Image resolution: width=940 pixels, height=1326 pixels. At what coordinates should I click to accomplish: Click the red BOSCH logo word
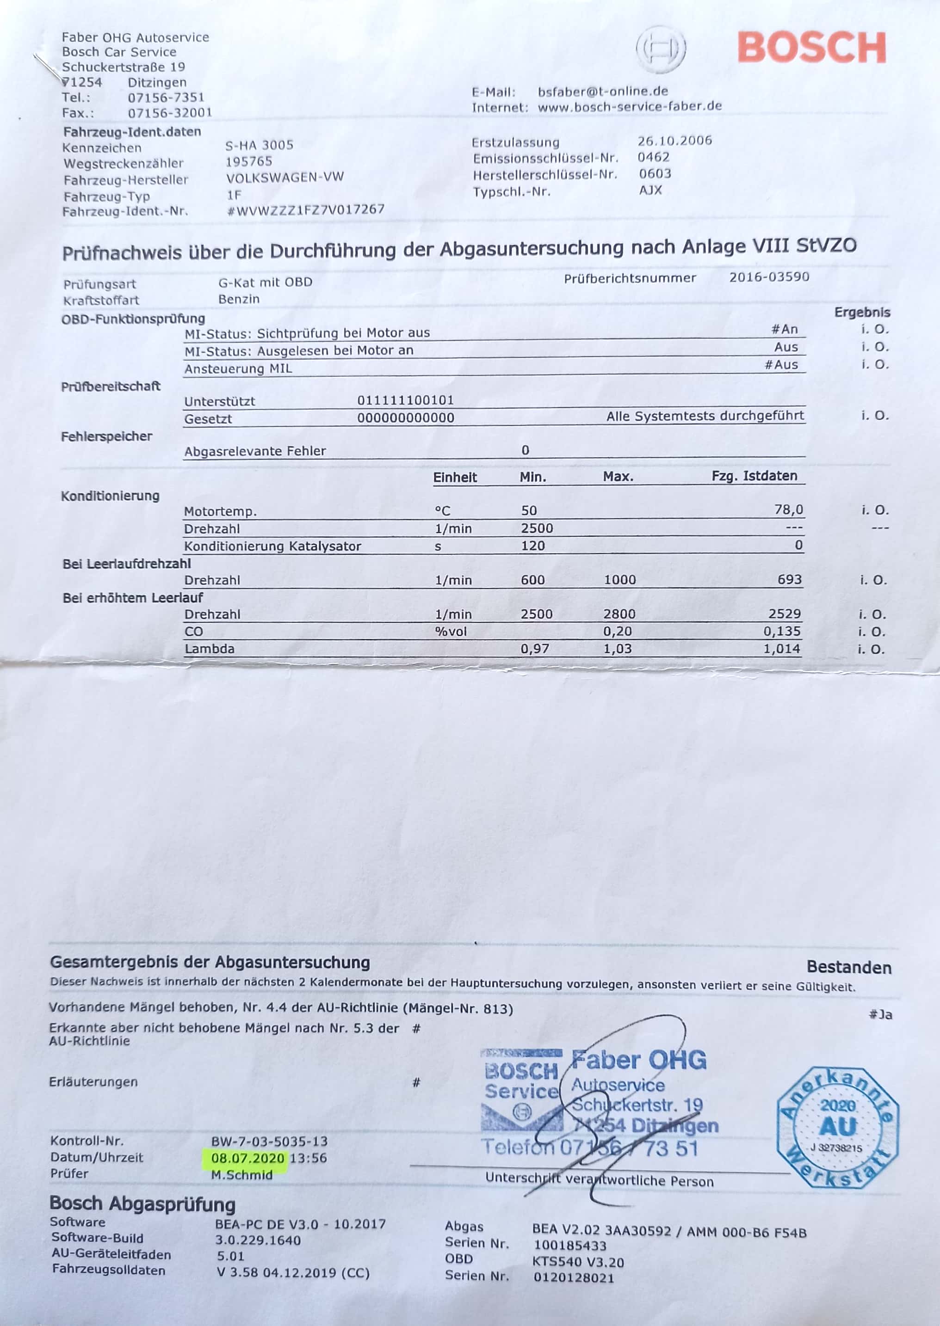[x=811, y=48]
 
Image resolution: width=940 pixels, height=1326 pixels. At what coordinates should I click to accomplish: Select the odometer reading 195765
[x=249, y=161]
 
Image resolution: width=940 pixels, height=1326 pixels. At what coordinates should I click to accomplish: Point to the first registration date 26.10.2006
[x=674, y=141]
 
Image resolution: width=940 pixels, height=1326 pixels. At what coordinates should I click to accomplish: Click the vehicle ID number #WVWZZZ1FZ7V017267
[x=306, y=209]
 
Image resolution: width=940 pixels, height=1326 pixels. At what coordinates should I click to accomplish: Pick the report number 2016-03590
[x=769, y=277]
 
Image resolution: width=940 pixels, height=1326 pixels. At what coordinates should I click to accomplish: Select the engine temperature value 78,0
[x=788, y=510]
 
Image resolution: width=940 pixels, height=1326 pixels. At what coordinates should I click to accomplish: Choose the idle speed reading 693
[x=790, y=580]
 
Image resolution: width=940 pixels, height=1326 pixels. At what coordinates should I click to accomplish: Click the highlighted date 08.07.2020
[x=248, y=1158]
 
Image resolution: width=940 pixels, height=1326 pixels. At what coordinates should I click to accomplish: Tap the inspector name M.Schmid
[x=241, y=1174]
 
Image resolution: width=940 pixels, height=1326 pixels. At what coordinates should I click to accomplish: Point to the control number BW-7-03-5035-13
[x=269, y=1142]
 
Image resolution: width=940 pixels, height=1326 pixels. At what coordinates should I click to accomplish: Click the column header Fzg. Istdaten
[x=754, y=476]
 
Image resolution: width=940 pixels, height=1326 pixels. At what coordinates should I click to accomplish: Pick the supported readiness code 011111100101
[x=405, y=400]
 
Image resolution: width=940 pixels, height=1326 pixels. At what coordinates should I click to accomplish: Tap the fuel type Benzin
[x=239, y=299]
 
